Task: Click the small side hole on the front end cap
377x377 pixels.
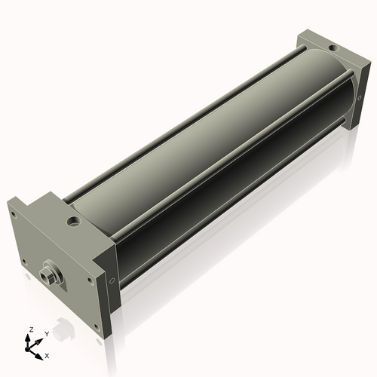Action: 112,282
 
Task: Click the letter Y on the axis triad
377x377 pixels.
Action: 46,333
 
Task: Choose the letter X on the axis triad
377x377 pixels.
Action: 48,354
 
